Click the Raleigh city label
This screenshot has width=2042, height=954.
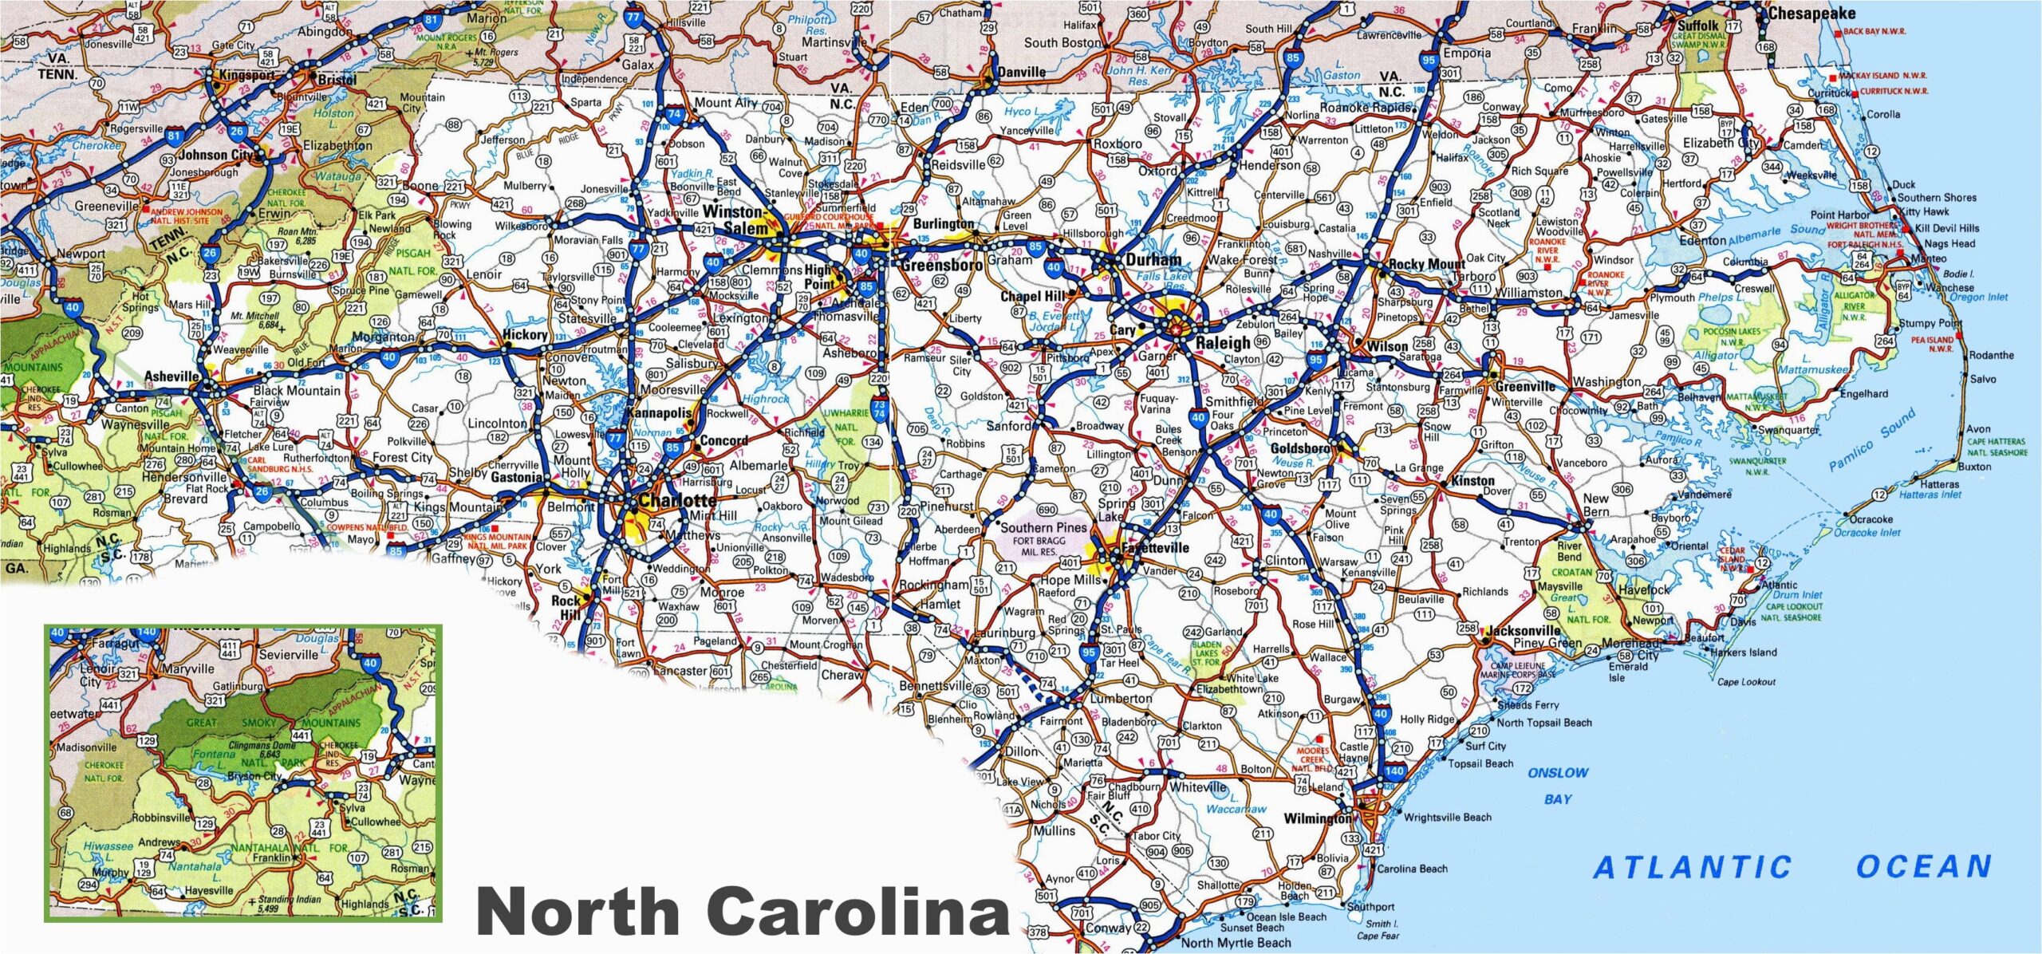tap(1223, 342)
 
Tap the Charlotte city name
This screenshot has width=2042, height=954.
tap(677, 501)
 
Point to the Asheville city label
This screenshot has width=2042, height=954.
tap(171, 376)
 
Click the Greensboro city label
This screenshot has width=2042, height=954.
tap(941, 265)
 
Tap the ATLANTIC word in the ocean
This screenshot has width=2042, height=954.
tap(1692, 867)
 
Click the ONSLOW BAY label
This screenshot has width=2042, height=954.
tap(1558, 785)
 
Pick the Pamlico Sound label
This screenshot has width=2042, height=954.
tap(1871, 440)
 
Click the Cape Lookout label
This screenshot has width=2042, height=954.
tap(1746, 681)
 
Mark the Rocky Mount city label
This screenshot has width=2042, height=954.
tap(1426, 264)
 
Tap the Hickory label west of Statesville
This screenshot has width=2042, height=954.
tap(524, 335)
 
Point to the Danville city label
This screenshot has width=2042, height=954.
tap(1021, 72)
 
